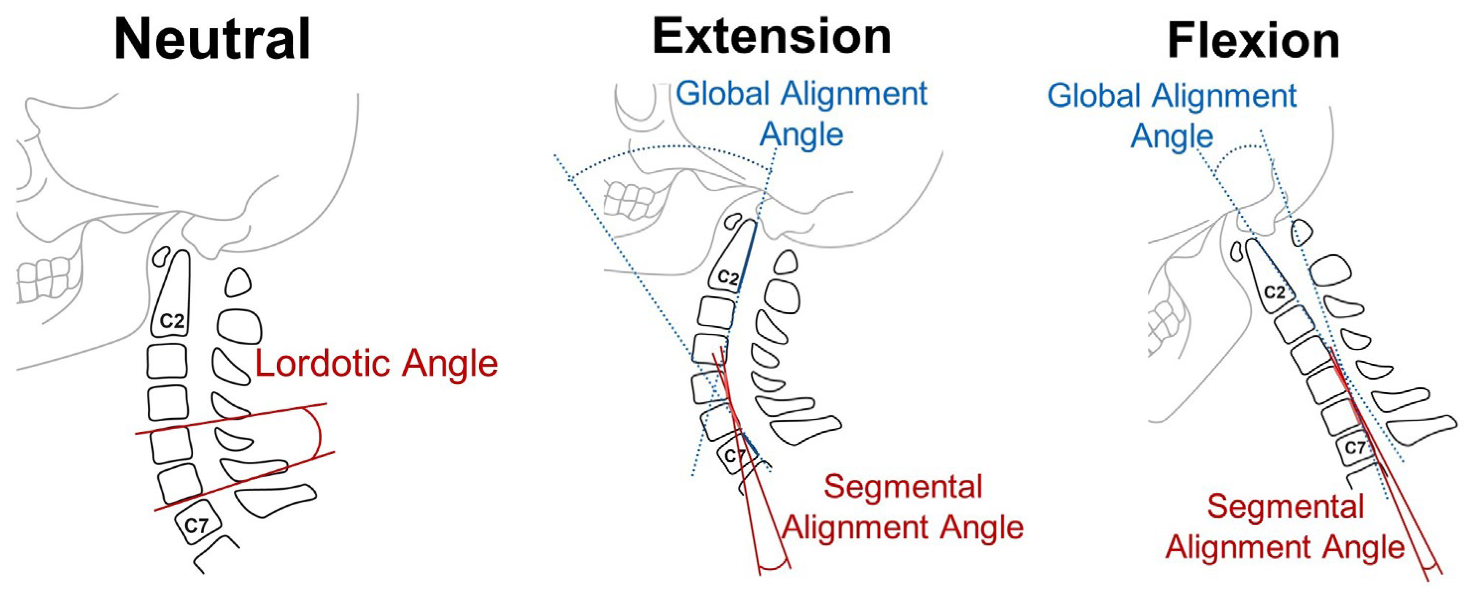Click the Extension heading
coord(771,37)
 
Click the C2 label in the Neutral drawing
coord(172,321)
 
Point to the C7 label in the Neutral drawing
coord(196,524)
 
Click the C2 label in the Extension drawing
coord(728,278)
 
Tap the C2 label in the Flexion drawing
coord(1274,293)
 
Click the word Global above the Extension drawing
coord(723,94)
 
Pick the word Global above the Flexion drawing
coord(1093,95)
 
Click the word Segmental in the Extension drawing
coord(903,487)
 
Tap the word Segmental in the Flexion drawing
coord(1285,507)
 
